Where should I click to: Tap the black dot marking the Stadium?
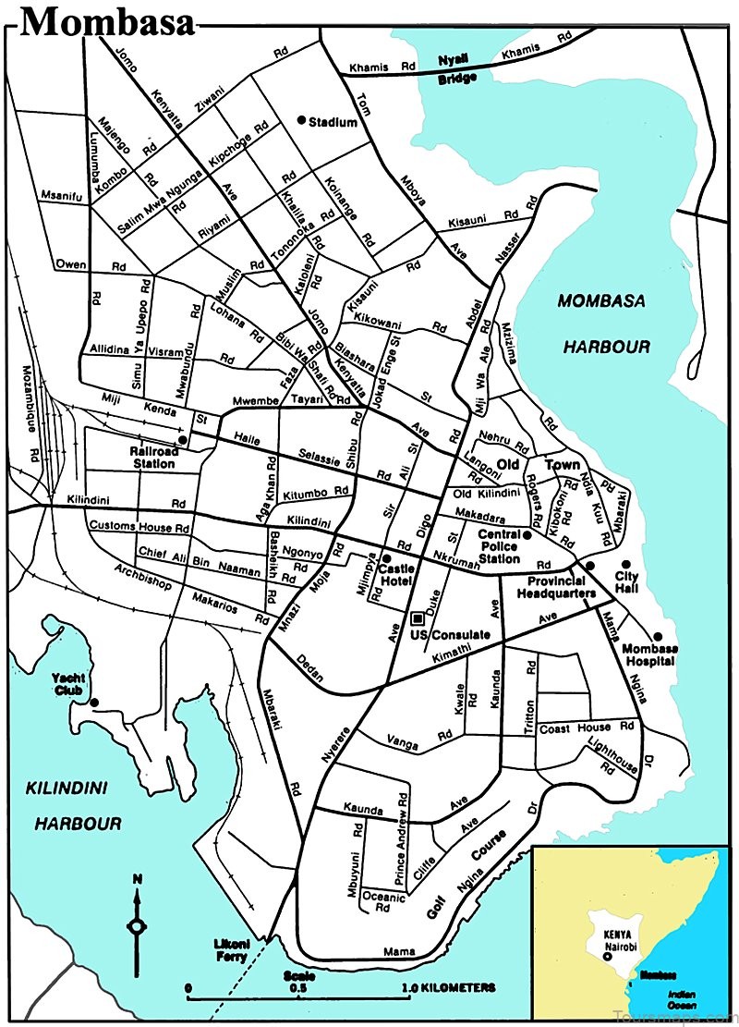coord(300,121)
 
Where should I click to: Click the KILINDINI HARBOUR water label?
coord(79,804)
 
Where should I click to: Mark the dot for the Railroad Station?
coord(183,440)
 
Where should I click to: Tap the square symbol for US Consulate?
coord(418,617)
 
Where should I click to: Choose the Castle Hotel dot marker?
coord(385,558)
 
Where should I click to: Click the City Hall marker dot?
coord(625,564)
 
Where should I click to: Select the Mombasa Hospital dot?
coord(658,636)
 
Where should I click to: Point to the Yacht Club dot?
coord(94,703)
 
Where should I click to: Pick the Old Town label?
coord(544,464)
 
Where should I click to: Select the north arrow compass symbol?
coord(137,924)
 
